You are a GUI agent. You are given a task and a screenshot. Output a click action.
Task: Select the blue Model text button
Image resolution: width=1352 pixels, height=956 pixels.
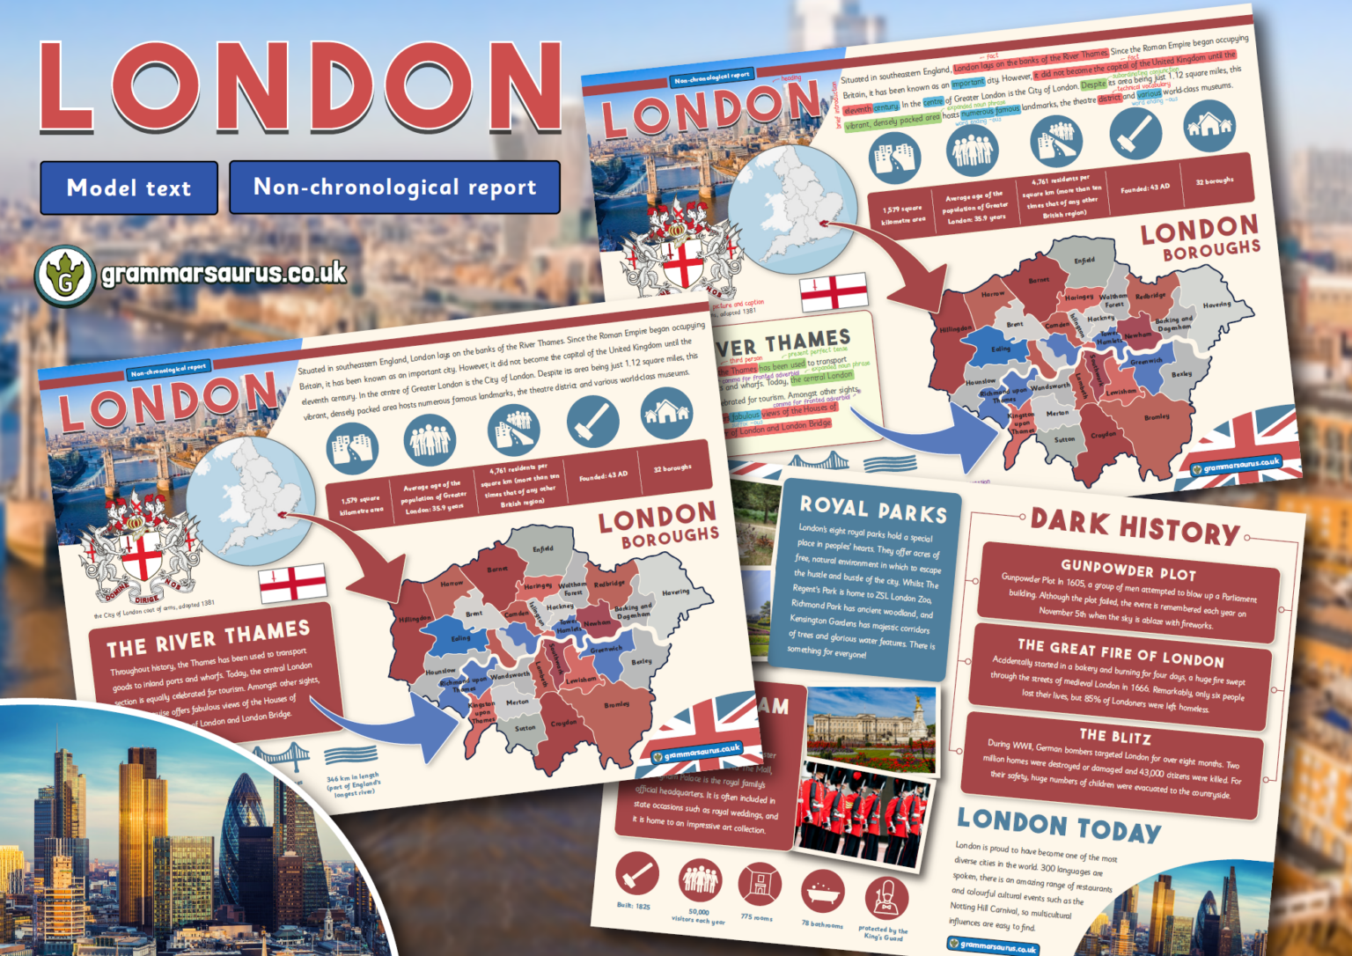(129, 188)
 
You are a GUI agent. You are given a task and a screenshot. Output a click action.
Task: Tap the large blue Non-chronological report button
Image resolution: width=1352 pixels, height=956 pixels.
(394, 187)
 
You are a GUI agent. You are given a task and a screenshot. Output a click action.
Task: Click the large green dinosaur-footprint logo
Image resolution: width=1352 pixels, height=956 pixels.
(64, 276)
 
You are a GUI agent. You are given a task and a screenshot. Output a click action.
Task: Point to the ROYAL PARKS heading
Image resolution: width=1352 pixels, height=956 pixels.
(872, 508)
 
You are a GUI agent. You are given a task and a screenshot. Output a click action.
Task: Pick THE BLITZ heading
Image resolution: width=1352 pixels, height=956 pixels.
(1114, 736)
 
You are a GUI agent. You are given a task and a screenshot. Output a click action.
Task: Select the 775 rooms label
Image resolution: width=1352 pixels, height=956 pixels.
(756, 918)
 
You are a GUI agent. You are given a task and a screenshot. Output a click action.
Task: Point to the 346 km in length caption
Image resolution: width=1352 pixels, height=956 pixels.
(353, 785)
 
